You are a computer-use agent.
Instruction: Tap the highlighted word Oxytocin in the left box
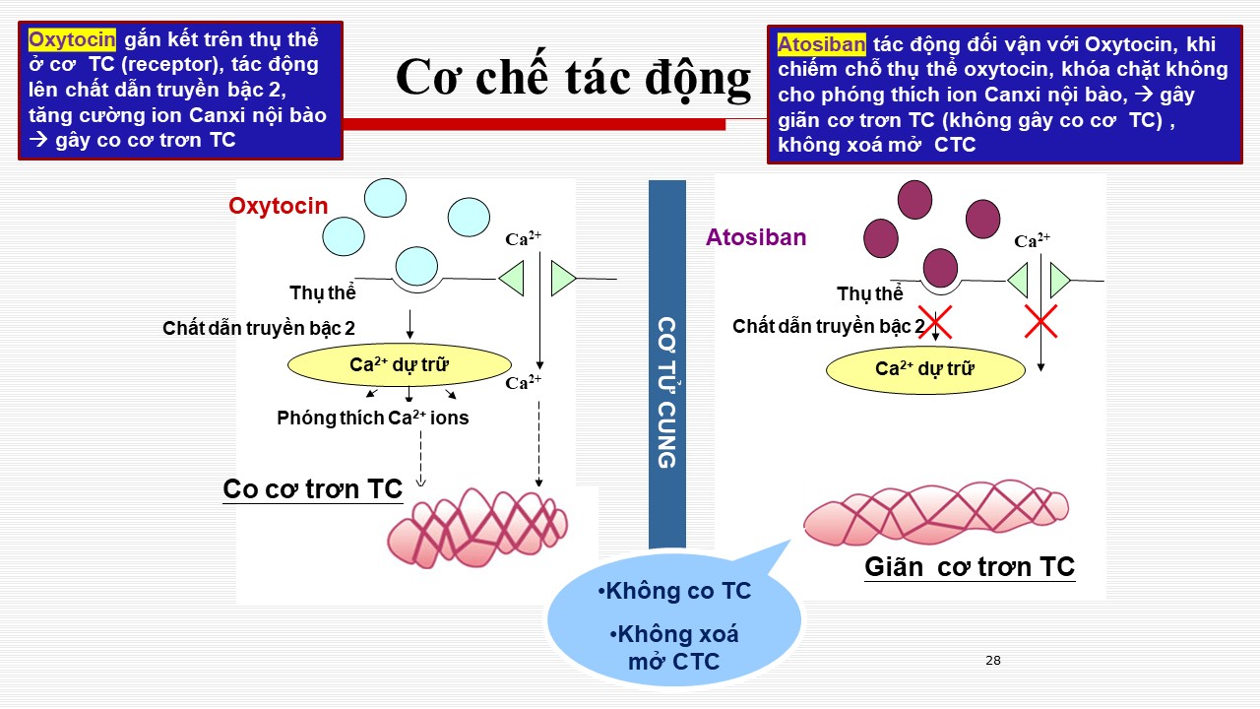(72, 40)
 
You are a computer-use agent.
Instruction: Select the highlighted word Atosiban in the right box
(821, 44)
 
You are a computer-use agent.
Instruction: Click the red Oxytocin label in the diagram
(278, 206)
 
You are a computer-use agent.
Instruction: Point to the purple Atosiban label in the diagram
(756, 237)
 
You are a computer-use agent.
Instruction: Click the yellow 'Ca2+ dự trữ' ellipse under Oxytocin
(400, 364)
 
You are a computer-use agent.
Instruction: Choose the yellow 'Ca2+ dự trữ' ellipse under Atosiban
(925, 369)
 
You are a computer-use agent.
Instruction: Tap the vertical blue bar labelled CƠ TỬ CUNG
(667, 363)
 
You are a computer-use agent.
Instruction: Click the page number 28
(993, 661)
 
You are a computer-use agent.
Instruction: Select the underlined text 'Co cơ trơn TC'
(313, 489)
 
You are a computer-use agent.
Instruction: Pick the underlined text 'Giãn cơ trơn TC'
(970, 566)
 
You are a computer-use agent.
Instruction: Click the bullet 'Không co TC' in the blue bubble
(674, 591)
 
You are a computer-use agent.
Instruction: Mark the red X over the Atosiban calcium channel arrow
(1040, 321)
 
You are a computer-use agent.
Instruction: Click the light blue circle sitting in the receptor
(416, 266)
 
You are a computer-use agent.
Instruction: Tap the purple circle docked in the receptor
(940, 269)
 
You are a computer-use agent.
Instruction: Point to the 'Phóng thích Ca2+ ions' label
(372, 418)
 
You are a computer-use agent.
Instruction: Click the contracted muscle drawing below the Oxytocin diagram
(477, 528)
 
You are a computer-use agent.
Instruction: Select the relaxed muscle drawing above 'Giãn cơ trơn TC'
(935, 512)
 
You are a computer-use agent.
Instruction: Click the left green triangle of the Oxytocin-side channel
(511, 278)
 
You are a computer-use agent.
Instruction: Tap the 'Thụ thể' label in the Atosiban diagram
(869, 293)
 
